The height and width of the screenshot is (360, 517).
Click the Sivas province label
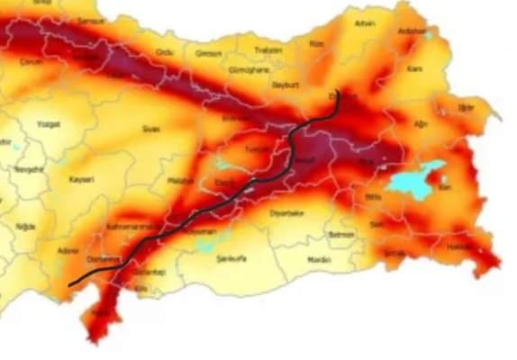150,129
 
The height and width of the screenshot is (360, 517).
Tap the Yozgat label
48,124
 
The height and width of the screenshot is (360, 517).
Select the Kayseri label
82,179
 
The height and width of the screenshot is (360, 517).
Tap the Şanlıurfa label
231,258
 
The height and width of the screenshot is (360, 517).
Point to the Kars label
414,68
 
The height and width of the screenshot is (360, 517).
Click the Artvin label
365,22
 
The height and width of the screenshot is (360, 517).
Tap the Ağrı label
422,123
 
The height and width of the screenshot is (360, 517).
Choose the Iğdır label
466,107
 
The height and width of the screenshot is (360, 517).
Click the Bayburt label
286,85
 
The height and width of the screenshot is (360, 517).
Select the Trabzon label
268,50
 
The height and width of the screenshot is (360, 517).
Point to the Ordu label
164,53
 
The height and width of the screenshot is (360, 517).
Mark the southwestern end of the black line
70,285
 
